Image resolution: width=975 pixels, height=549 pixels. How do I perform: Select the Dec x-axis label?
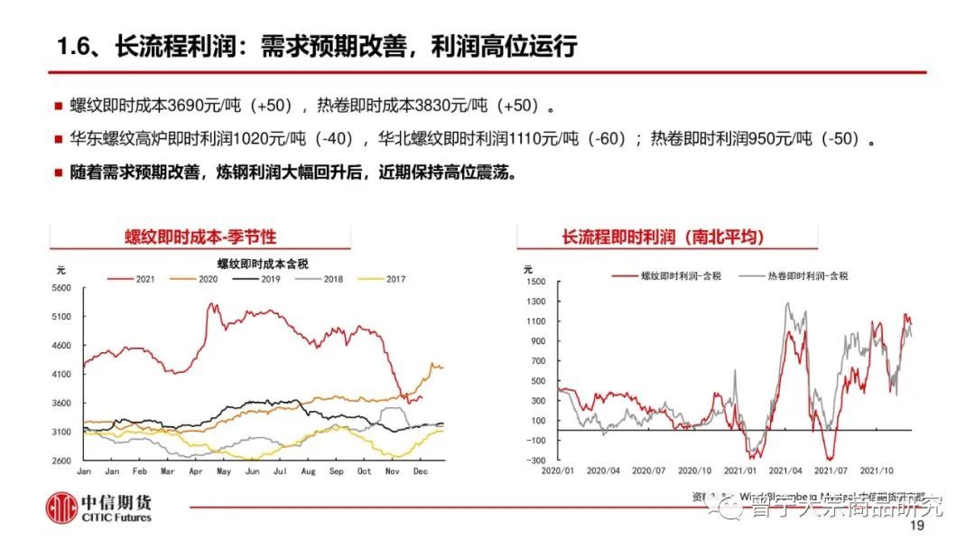click(420, 472)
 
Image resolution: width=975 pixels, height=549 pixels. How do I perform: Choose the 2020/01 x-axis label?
click(558, 470)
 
